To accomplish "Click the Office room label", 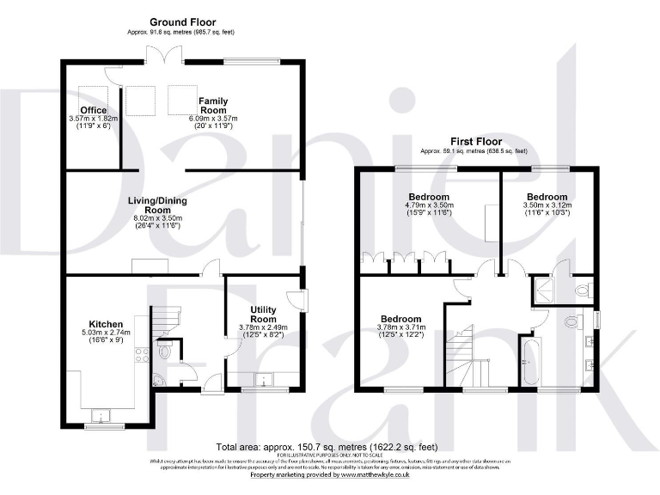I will (93, 110).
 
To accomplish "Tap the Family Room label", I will (213, 106).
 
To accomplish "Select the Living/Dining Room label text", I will (157, 205).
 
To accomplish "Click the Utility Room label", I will (262, 314).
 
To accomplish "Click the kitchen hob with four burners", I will (140, 351).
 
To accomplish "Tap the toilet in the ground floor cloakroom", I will (165, 351).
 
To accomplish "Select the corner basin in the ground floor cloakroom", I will (156, 379).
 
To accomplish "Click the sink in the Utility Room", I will (264, 379).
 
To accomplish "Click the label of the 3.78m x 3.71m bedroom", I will (400, 319).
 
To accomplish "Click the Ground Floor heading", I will (182, 21).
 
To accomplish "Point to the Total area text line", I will (327, 447).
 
